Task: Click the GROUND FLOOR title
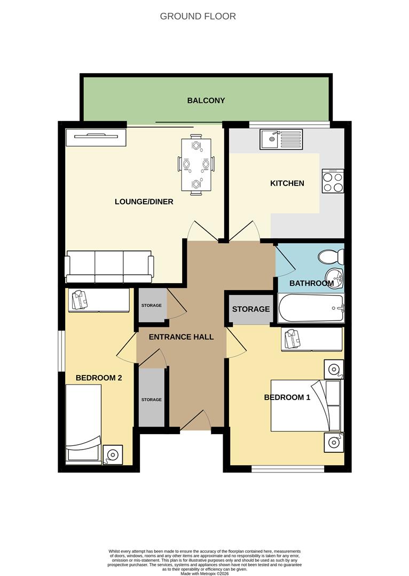[x=198, y=17]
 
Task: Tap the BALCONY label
[x=206, y=100]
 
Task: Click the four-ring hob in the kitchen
[x=333, y=181]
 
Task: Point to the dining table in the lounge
[x=196, y=164]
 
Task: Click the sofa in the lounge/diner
[x=109, y=267]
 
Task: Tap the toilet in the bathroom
[x=331, y=257]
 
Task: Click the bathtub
[x=311, y=308]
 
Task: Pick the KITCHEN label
[x=287, y=183]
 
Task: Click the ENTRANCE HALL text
[x=181, y=337]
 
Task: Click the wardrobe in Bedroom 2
[x=99, y=300]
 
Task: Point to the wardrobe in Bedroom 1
[x=312, y=339]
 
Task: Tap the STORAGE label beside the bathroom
[x=250, y=309]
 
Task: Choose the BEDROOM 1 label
[x=287, y=397]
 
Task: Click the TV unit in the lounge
[x=96, y=137]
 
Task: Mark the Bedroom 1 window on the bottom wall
[x=288, y=469]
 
